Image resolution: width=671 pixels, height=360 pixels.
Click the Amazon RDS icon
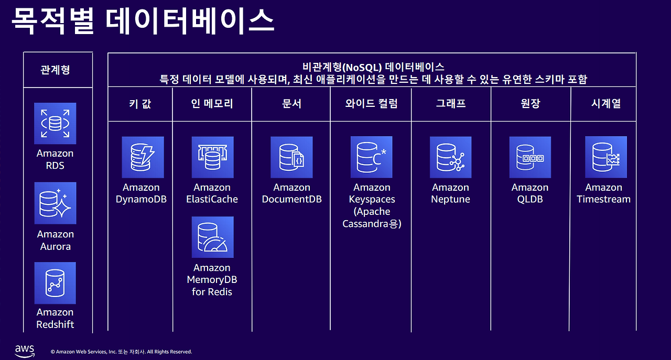coord(55,124)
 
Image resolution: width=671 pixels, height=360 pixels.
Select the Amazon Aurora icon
coord(55,203)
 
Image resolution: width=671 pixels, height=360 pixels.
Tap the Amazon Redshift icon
coord(55,283)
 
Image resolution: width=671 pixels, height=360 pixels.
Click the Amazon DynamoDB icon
coord(143,157)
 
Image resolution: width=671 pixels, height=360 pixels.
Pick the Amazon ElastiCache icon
coord(212,157)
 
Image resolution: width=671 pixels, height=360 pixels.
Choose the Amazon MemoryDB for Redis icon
coord(212,237)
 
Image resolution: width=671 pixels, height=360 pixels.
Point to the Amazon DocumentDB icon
coord(291,157)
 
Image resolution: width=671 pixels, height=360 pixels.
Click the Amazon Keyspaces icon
coord(371,157)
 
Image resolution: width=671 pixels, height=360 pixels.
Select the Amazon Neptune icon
coord(450,157)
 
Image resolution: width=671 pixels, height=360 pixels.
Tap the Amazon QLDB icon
coord(530,157)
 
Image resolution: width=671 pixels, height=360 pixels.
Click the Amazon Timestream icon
coord(605,157)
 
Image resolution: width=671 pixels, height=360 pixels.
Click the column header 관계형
coord(55,70)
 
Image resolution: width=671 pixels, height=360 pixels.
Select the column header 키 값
coord(140,103)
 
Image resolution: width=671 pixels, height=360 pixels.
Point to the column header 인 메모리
coord(212,103)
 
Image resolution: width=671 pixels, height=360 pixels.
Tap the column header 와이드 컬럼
coord(371,103)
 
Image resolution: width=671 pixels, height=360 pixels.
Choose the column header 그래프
coord(451,103)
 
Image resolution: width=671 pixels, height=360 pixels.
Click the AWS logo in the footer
coord(25,350)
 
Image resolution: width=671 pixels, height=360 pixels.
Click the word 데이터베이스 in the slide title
coord(189,21)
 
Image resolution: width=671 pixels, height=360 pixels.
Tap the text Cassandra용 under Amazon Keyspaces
coord(372,224)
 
